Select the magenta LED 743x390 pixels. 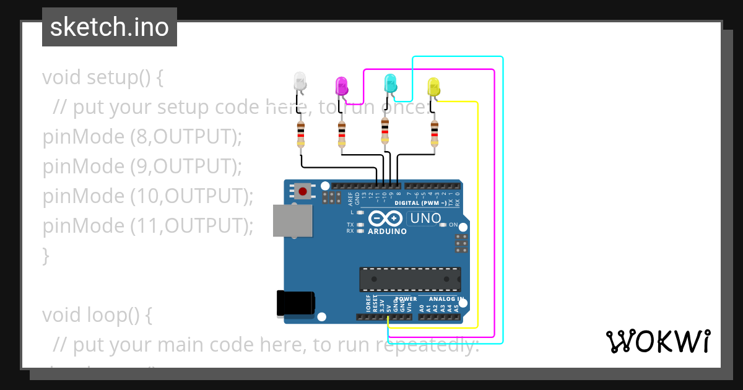pyautogui.click(x=341, y=86)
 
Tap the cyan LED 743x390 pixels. pyautogui.click(x=390, y=82)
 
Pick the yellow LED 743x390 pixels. pyautogui.click(x=433, y=87)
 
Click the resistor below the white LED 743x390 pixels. pyautogui.click(x=301, y=134)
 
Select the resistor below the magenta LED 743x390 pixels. pyautogui.click(x=342, y=134)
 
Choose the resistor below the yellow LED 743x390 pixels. pyautogui.click(x=435, y=134)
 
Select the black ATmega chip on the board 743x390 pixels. pyautogui.click(x=410, y=279)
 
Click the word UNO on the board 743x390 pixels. pyautogui.click(x=425, y=218)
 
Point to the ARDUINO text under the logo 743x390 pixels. pyautogui.click(x=387, y=232)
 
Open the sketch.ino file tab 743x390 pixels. pyautogui.click(x=110, y=27)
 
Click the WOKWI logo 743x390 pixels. pyautogui.click(x=658, y=341)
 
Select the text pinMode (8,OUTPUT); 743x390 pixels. pyautogui.click(x=142, y=137)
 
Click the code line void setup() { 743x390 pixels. pyautogui.click(x=103, y=77)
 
